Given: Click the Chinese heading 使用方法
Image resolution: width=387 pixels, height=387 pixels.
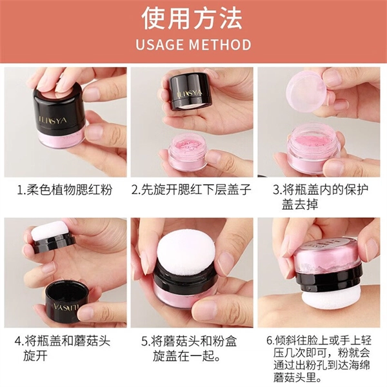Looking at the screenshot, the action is point(192,19).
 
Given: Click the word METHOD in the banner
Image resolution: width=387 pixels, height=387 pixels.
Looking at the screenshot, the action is point(220,45).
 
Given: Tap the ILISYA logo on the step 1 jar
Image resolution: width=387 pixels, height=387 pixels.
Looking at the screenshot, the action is point(53,121).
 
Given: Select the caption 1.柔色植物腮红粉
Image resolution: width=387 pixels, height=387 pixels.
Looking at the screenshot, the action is point(64,190).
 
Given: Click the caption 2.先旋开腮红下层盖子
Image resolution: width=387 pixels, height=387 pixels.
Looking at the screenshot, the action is point(192,190).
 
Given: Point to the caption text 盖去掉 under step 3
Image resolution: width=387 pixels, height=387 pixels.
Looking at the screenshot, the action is point(300,204).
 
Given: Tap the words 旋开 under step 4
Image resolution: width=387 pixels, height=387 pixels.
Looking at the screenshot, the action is point(35,355).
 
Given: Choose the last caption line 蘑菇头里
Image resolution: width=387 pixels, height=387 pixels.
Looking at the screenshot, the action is point(294,377).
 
